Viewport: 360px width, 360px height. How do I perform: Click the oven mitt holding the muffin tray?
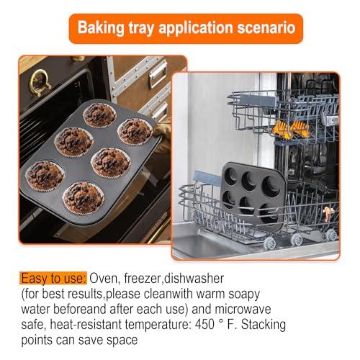point(163,130)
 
